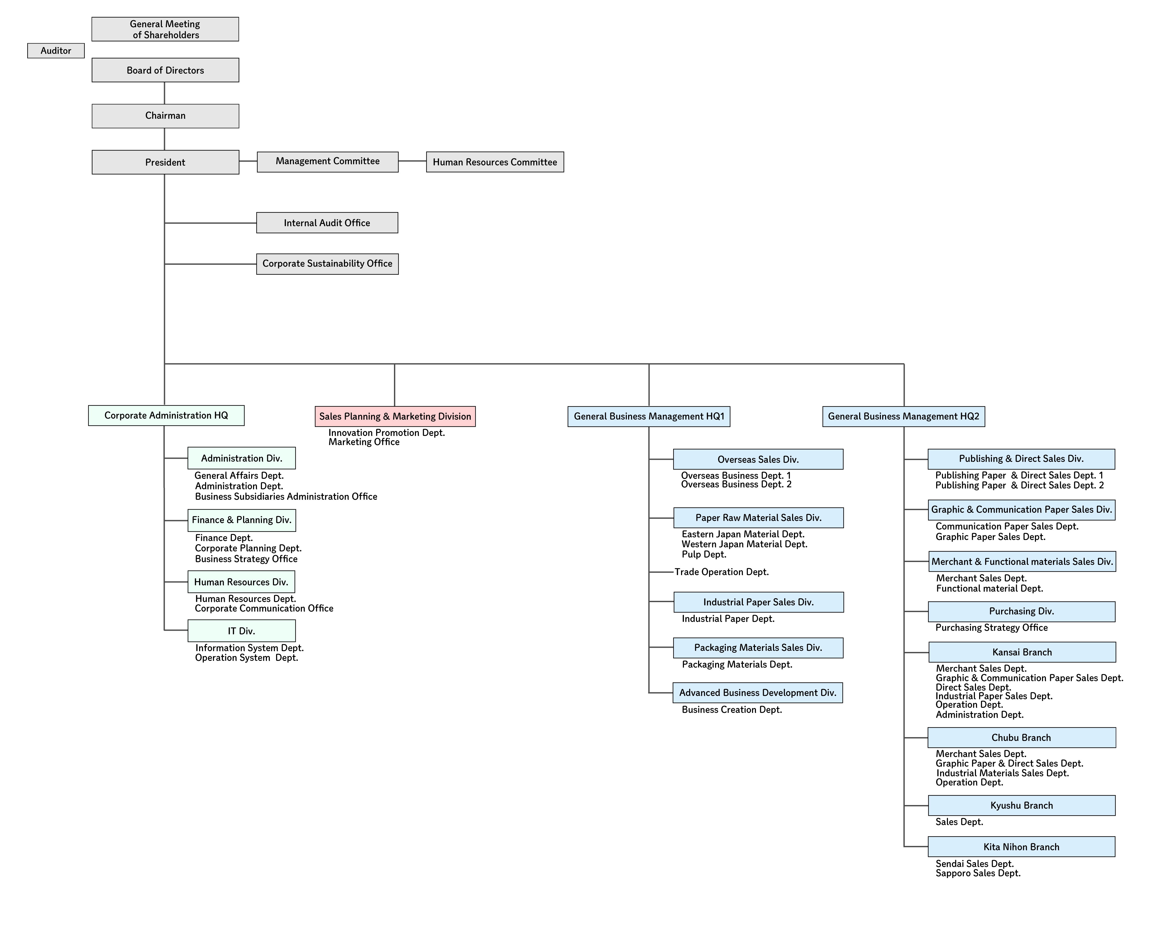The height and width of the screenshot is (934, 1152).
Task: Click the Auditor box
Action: [x=56, y=51]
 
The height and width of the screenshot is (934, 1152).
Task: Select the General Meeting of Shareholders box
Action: [x=165, y=29]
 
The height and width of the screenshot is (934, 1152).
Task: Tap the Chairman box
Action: [x=165, y=116]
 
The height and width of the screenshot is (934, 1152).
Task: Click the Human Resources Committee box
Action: [x=495, y=162]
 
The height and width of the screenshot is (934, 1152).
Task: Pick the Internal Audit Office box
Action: [x=327, y=223]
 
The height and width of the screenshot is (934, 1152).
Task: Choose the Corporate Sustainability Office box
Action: [x=327, y=264]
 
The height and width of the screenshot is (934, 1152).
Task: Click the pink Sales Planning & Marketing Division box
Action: [x=394, y=417]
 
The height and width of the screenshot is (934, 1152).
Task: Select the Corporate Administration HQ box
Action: [x=166, y=415]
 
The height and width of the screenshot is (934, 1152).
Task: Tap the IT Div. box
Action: [x=241, y=630]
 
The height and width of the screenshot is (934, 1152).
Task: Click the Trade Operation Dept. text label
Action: [x=721, y=572]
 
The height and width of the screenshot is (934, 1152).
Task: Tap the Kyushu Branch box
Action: [x=1021, y=805]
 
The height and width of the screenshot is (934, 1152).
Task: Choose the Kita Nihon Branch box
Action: [x=1021, y=847]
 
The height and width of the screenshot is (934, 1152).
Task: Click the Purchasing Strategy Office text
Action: [x=991, y=627]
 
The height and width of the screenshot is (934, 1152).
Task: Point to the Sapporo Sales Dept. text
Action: [x=978, y=873]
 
